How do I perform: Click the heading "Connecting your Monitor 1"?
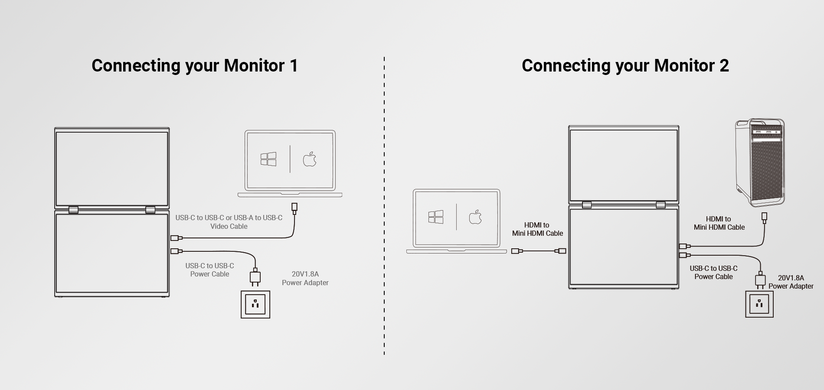(x=195, y=66)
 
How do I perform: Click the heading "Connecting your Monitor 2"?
(x=625, y=66)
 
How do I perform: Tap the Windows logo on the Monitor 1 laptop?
(x=268, y=159)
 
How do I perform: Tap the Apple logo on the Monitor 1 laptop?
(x=310, y=159)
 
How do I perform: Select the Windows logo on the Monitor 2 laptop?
(x=436, y=217)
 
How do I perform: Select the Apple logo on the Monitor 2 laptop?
(x=475, y=217)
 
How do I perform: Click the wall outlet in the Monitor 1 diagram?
(x=255, y=304)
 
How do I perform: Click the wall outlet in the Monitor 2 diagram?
(x=759, y=304)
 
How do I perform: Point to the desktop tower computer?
(x=760, y=162)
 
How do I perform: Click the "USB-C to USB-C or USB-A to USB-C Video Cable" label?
(x=229, y=222)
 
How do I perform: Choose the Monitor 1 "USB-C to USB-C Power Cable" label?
(x=209, y=270)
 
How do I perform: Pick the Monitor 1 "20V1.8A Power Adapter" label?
(x=305, y=278)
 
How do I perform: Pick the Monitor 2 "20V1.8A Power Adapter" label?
(x=791, y=282)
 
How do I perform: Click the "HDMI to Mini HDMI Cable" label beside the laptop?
(x=537, y=229)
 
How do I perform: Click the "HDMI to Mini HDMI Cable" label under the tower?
(x=719, y=223)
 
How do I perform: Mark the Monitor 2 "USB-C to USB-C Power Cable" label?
(x=713, y=273)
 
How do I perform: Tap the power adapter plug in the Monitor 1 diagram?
(x=255, y=277)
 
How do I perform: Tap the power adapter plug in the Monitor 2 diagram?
(x=760, y=280)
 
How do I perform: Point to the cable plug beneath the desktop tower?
(x=764, y=217)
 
